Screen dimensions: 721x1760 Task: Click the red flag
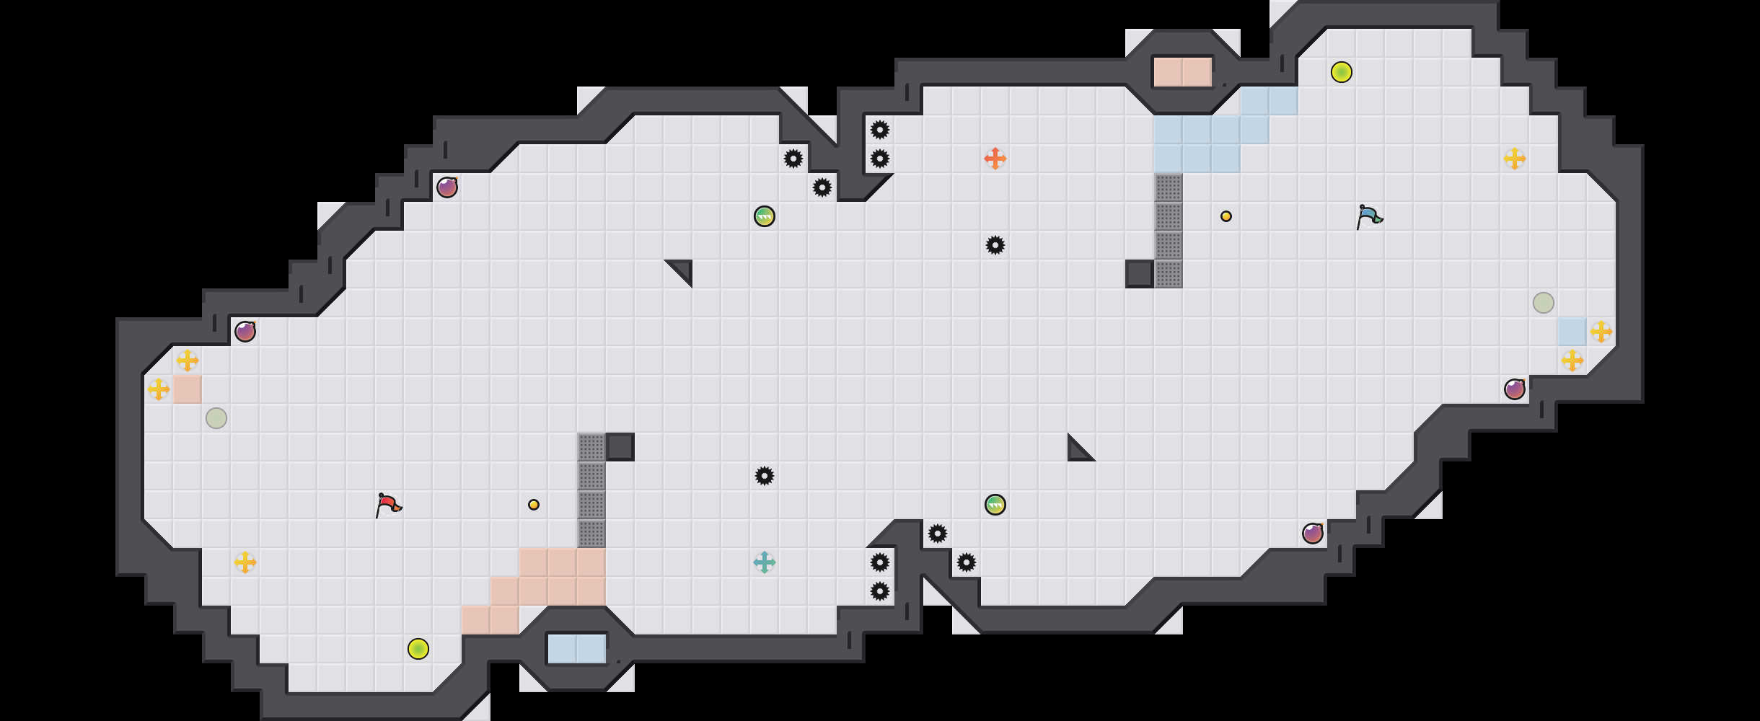[x=388, y=505]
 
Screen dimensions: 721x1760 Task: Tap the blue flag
[x=1368, y=216]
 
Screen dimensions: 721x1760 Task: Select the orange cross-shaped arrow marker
[x=995, y=159]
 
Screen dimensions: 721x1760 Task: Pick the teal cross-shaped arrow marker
[x=765, y=562]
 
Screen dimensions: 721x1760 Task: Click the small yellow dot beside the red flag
[x=534, y=505]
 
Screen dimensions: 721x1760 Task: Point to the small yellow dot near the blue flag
[x=1226, y=216]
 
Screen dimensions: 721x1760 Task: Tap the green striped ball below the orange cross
[x=995, y=505]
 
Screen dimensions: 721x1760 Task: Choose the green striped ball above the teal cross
[x=765, y=216]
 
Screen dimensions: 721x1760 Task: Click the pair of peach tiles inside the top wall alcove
[x=1183, y=72]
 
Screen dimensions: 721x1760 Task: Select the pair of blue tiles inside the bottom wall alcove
[x=577, y=649]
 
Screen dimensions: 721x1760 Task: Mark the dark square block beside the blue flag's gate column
[x=1140, y=274]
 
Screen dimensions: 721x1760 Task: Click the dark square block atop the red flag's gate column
[x=620, y=447]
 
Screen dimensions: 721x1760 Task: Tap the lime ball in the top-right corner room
[x=1342, y=72]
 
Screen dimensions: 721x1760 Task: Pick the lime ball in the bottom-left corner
[x=418, y=649]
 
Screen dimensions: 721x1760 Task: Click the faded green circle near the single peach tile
[x=216, y=418]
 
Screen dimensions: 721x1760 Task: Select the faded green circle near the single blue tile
[x=1544, y=303]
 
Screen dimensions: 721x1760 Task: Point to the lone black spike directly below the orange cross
[x=995, y=245]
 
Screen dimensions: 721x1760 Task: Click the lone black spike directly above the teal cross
[x=765, y=476]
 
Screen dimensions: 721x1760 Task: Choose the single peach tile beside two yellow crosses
[x=188, y=389]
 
